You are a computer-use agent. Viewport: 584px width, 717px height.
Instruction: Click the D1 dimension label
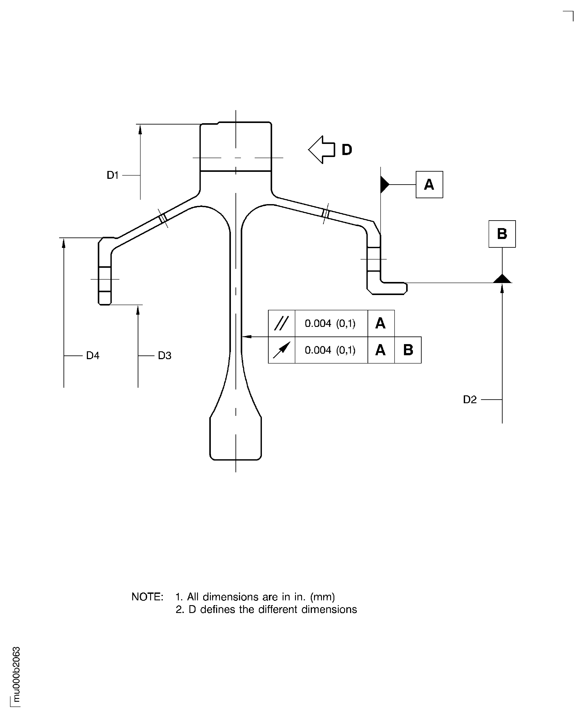pyautogui.click(x=113, y=175)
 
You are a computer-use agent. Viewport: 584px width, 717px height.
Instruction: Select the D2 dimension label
pyautogui.click(x=470, y=400)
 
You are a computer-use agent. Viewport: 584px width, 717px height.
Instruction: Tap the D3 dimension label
pyautogui.click(x=165, y=356)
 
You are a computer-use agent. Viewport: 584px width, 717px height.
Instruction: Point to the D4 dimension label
pyautogui.click(x=93, y=356)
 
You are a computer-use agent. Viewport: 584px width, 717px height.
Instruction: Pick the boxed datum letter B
pyautogui.click(x=502, y=234)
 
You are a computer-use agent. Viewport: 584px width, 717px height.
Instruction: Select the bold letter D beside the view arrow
pyautogui.click(x=347, y=150)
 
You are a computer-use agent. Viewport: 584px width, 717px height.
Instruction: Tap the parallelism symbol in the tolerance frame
pyautogui.click(x=281, y=323)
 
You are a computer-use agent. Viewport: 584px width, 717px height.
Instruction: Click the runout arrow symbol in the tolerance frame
pyautogui.click(x=281, y=350)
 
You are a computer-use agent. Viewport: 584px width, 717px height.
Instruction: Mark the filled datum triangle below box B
pyautogui.click(x=502, y=279)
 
